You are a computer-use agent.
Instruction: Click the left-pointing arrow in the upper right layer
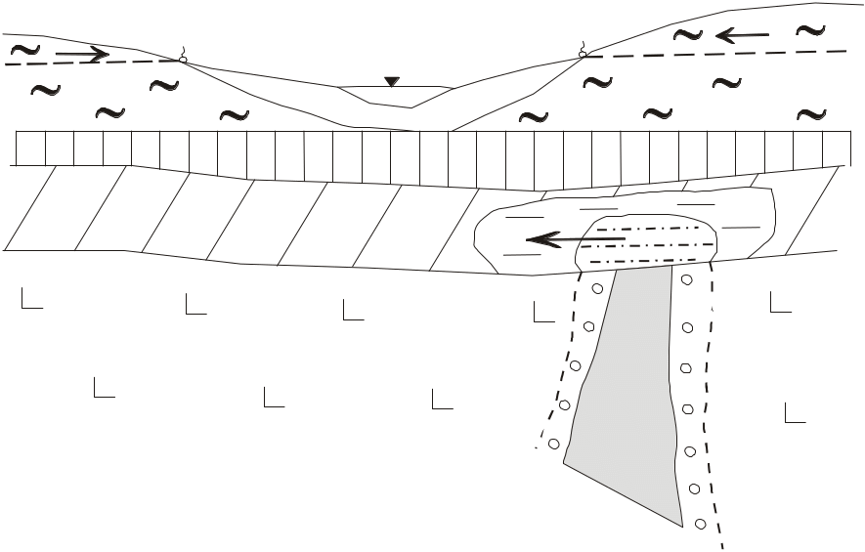(743, 36)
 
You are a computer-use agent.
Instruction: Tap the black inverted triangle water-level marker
(391, 82)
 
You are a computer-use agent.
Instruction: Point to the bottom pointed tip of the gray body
(680, 525)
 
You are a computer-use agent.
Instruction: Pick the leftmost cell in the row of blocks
(30, 148)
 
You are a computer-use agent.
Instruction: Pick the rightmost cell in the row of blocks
(837, 148)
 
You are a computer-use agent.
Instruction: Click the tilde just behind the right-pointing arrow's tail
(25, 49)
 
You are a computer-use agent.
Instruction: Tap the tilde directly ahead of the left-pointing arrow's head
(688, 36)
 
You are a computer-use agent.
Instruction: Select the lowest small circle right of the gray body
(700, 524)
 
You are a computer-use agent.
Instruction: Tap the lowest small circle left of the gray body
(554, 445)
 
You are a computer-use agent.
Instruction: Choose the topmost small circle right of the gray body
(686, 280)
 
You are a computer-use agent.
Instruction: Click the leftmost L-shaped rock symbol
(30, 299)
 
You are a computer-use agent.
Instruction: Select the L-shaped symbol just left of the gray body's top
(542, 313)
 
